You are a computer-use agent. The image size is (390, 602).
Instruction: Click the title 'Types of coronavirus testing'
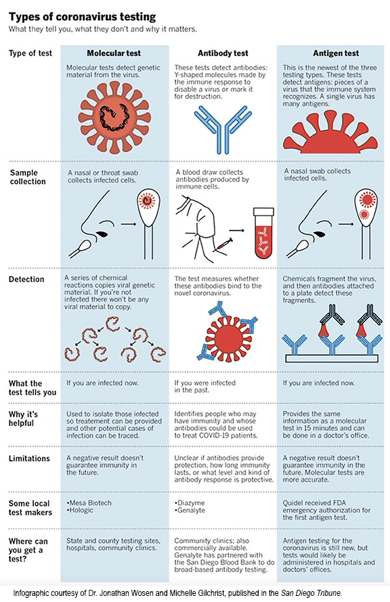[x=82, y=17]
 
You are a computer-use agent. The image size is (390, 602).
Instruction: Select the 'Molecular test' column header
[x=114, y=53]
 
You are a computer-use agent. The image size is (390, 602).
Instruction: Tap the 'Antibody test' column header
[x=223, y=53]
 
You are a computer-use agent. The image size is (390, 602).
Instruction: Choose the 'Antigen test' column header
[x=336, y=53]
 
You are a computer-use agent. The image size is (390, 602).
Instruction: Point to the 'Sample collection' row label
[x=28, y=177]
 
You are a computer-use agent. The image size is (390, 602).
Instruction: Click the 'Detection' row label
[x=26, y=279]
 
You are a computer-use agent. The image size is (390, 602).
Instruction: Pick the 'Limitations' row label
[x=29, y=459]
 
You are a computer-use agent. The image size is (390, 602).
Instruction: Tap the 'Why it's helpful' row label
[x=24, y=419]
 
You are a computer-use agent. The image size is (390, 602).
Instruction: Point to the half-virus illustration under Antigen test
[x=330, y=133]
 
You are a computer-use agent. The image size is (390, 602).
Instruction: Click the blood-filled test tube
[x=263, y=233]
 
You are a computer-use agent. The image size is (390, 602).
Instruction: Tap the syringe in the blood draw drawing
[x=223, y=245]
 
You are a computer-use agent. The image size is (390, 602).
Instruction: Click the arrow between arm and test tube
[x=237, y=231]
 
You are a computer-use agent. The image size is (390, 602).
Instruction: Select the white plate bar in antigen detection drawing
[x=332, y=358]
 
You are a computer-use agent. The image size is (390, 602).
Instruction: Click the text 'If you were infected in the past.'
[x=204, y=387]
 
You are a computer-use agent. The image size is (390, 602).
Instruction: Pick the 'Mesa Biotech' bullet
[x=89, y=503]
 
